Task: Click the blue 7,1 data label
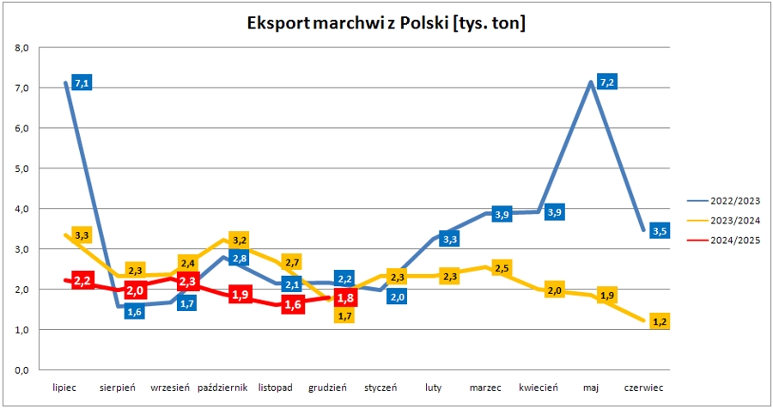tap(82, 83)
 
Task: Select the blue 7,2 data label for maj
tap(608, 82)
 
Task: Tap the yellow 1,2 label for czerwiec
tap(660, 322)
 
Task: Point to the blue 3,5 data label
tap(659, 230)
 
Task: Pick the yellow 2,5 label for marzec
tap(502, 269)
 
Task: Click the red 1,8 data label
tap(346, 299)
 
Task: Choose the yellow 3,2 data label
tap(240, 240)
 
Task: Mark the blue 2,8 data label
tap(240, 259)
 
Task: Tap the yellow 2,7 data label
tap(291, 262)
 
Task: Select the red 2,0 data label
tap(135, 291)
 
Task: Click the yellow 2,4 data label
tap(188, 263)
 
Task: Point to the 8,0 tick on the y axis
tap(22, 48)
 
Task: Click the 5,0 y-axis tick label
tap(22, 169)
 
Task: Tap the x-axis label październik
tap(222, 388)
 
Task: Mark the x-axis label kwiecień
tap(539, 388)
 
